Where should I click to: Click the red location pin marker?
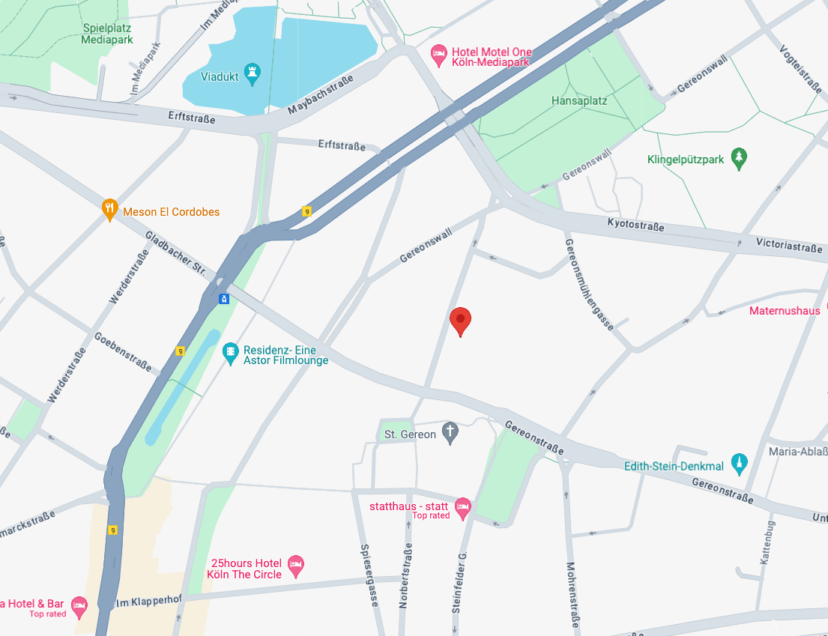click(460, 321)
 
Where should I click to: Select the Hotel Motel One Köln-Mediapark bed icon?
click(439, 55)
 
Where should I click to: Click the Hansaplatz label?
click(579, 100)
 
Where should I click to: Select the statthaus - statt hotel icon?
click(463, 509)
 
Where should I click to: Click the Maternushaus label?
click(785, 311)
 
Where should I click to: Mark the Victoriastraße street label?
click(788, 245)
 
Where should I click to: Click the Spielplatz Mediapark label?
click(108, 34)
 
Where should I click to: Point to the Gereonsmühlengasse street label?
click(589, 285)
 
